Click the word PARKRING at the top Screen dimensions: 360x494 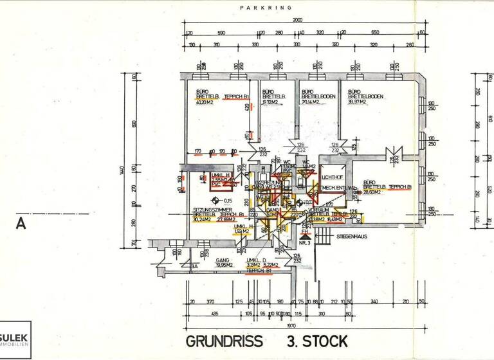point(266,8)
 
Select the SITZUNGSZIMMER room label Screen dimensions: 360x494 point(210,211)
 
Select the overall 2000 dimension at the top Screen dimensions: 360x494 point(297,20)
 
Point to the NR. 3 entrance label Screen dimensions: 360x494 point(304,244)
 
